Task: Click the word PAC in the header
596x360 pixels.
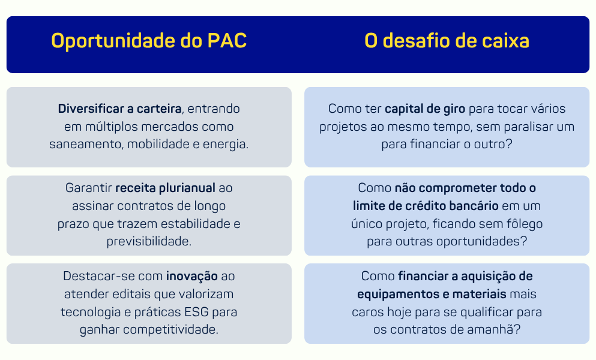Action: (227, 41)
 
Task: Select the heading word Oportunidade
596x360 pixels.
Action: (113, 41)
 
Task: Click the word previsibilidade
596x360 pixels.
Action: (149, 241)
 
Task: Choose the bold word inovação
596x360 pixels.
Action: (192, 277)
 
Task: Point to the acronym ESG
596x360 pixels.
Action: (196, 312)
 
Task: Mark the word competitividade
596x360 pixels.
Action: (170, 329)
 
